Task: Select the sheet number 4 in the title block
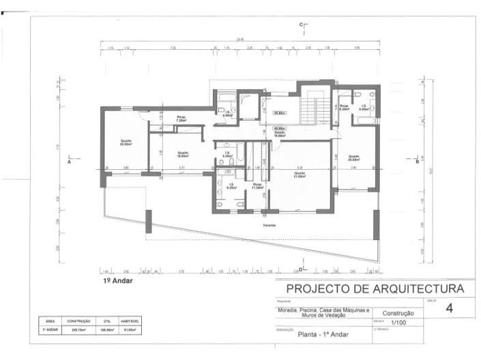(x=448, y=308)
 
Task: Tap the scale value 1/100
(x=396, y=322)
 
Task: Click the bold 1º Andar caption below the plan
(x=118, y=280)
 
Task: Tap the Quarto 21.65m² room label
(x=300, y=175)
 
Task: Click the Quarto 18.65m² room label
(x=182, y=154)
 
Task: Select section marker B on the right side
(x=417, y=162)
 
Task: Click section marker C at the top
(x=301, y=25)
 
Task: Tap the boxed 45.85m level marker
(x=279, y=112)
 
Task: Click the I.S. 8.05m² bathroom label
(x=364, y=107)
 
